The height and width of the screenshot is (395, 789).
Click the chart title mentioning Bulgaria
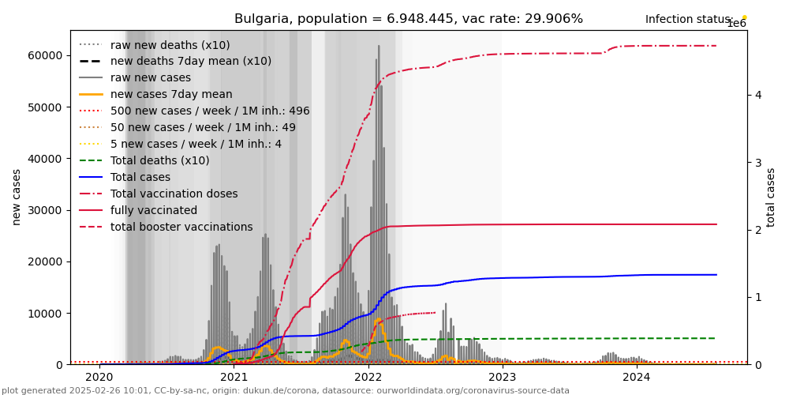[409, 19]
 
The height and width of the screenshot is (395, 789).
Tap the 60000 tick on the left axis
[47, 55]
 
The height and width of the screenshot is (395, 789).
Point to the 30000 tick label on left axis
[47, 210]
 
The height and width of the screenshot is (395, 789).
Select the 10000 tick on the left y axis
[47, 314]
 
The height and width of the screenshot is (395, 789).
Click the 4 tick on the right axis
[757, 95]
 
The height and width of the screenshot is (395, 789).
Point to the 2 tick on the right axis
[757, 230]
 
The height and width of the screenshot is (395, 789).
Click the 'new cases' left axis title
[16, 197]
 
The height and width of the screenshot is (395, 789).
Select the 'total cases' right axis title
[772, 197]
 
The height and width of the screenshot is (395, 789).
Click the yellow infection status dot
[744, 17]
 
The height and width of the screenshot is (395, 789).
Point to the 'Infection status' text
[688, 20]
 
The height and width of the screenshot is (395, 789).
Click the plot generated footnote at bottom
[286, 390]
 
